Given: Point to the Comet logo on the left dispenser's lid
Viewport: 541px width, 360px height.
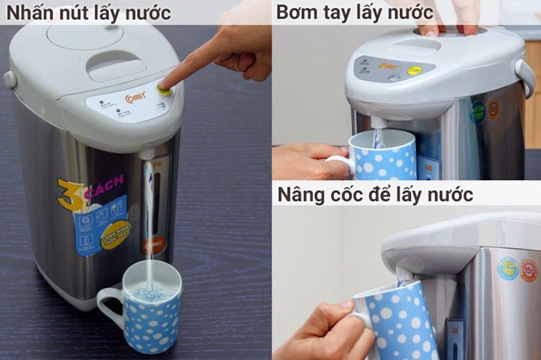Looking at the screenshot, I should click(136, 96).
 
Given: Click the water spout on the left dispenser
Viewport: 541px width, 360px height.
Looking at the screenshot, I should click(146, 155).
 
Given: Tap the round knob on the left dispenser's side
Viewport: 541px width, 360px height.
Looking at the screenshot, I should click(10, 79).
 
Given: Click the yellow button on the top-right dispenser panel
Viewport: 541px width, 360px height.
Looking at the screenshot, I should click(414, 70).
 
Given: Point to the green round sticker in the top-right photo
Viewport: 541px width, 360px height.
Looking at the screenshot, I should click(478, 112).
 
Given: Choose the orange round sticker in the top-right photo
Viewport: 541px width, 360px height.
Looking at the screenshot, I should click(493, 108).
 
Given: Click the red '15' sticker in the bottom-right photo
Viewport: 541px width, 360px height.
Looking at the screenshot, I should click(528, 270).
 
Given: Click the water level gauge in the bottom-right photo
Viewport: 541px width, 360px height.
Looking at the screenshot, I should click(454, 338).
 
